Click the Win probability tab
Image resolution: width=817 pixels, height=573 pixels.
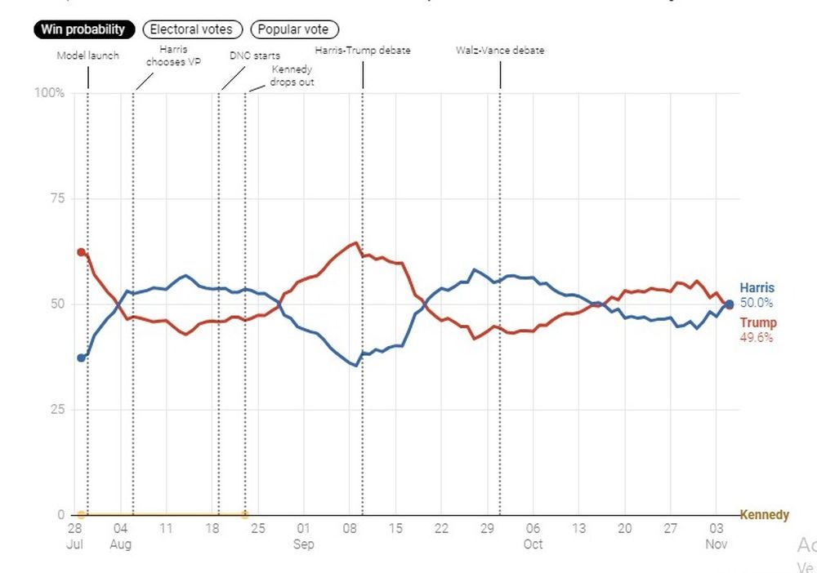coord(84,29)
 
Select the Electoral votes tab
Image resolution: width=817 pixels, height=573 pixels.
coord(192,29)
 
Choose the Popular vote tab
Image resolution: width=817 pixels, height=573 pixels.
coord(293,29)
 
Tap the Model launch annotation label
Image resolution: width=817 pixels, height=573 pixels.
coord(87,56)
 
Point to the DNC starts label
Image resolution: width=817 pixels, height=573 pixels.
coord(255,56)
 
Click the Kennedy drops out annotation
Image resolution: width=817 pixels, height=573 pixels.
coord(292,76)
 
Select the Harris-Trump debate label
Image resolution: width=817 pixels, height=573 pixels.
coord(363,51)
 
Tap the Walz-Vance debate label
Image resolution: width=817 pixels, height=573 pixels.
coord(500,51)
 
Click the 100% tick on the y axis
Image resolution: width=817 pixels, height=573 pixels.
coord(49,93)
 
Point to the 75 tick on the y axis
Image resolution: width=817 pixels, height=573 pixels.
coord(56,198)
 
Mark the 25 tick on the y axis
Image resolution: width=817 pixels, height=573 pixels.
coord(56,410)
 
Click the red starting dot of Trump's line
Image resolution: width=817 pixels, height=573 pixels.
coord(81,252)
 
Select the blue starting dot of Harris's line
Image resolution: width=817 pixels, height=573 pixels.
coord(81,358)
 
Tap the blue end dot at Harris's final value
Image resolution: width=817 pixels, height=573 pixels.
coord(729,304)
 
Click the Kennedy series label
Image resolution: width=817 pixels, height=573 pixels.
coord(764,515)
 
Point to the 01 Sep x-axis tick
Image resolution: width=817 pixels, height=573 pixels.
coord(303,535)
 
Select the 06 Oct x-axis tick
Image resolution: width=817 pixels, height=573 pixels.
coord(533,535)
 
